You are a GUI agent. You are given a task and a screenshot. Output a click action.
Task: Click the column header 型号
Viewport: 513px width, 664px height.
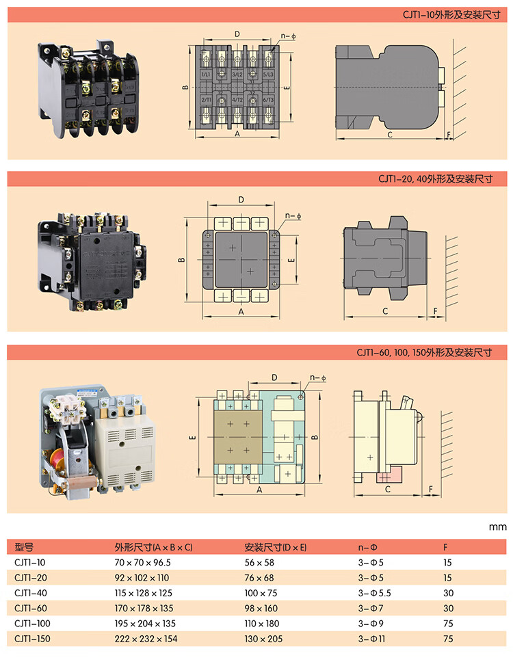(24, 547)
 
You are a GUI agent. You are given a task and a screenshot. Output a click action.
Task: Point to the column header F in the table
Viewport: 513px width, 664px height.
(446, 547)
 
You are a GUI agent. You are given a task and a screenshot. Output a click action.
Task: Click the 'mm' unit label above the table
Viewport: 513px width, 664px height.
(497, 527)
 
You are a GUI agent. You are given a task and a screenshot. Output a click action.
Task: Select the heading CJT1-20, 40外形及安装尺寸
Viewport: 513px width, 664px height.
(436, 178)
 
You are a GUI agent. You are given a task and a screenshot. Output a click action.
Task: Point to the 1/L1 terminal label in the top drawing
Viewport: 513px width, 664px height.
(205, 73)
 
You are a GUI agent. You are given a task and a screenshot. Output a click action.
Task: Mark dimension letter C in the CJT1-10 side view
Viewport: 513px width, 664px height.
(389, 135)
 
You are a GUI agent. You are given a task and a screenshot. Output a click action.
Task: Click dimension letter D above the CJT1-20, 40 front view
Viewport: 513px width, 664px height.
(241, 199)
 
